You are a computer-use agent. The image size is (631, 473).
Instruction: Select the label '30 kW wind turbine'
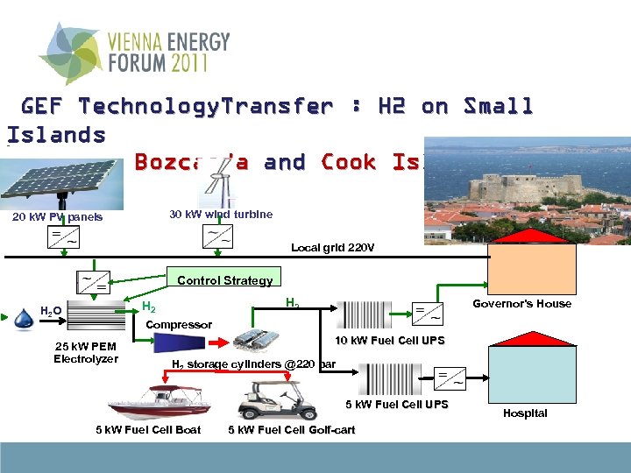pos(220,215)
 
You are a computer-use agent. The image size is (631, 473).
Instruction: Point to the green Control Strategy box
pos(224,280)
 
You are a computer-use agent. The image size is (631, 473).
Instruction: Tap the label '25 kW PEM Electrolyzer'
pos(85,352)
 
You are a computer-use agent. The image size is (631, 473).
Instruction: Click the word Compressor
pos(179,325)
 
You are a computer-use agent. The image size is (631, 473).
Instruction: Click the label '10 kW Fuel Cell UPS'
pos(402,341)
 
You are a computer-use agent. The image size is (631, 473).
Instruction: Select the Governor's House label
pos(521,304)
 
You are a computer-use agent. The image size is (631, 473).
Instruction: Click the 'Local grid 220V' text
pos(332,248)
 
